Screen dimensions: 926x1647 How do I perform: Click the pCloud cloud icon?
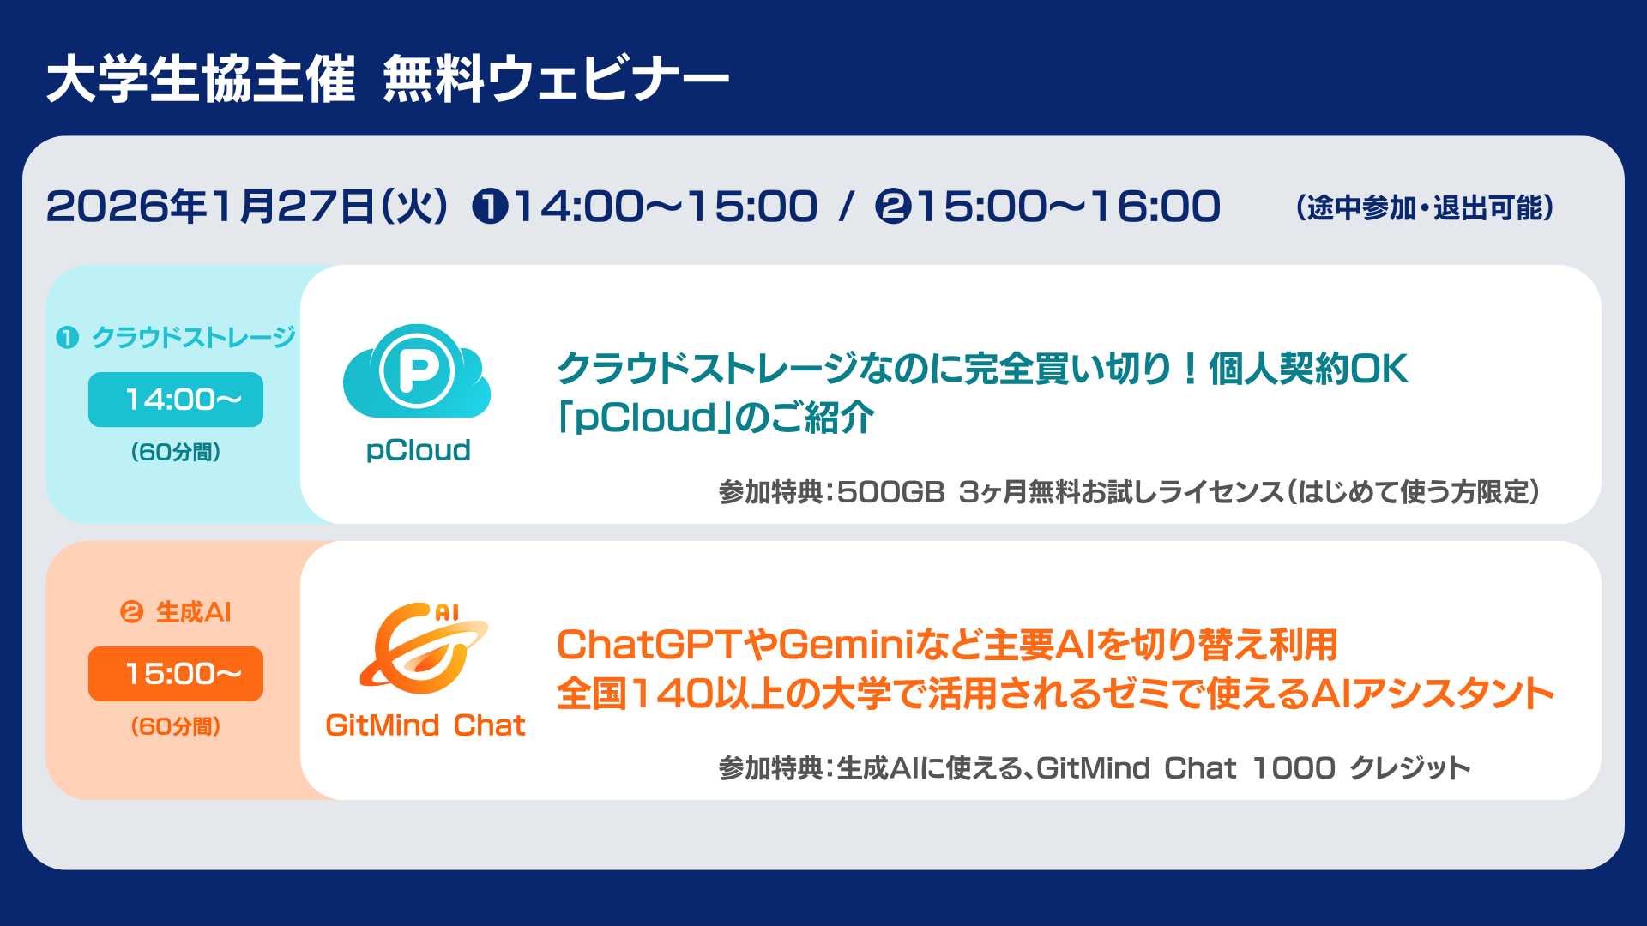click(x=417, y=372)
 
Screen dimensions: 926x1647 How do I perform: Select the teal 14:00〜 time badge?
click(x=176, y=400)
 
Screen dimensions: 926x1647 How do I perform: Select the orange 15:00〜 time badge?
click(x=176, y=674)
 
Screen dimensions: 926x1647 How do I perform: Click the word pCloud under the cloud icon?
click(x=419, y=450)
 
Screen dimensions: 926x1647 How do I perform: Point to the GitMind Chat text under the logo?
click(x=425, y=725)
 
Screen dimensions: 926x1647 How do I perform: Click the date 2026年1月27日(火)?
click(x=247, y=207)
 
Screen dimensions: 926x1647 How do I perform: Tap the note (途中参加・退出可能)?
click(x=1425, y=207)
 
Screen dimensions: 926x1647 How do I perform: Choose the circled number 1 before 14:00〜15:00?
click(x=491, y=207)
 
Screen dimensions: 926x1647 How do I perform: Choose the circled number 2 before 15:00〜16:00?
click(x=893, y=207)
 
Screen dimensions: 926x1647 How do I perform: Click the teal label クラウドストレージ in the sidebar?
click(x=194, y=337)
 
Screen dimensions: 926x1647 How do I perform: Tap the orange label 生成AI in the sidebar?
click(x=193, y=612)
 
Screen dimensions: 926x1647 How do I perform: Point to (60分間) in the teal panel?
click(x=176, y=452)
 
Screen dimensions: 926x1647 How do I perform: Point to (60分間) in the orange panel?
click(x=176, y=726)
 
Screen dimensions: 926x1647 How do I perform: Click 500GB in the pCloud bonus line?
click(x=890, y=492)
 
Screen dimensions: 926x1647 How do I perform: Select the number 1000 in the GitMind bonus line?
click(x=1294, y=767)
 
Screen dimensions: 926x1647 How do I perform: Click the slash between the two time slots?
click(x=847, y=207)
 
